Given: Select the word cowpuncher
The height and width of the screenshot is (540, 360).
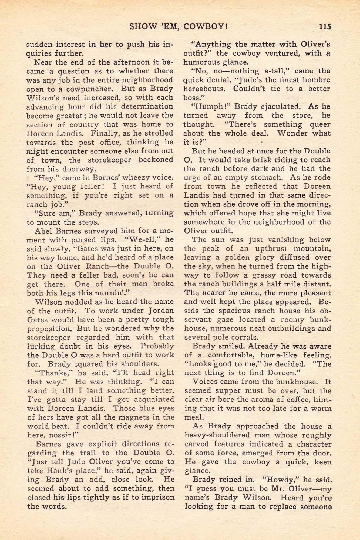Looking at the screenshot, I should pyautogui.click(x=89, y=89).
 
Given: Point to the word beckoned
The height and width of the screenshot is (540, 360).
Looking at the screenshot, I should pyautogui.click(x=156, y=160).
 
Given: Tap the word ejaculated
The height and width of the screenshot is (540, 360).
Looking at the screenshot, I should pyautogui.click(x=270, y=107).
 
